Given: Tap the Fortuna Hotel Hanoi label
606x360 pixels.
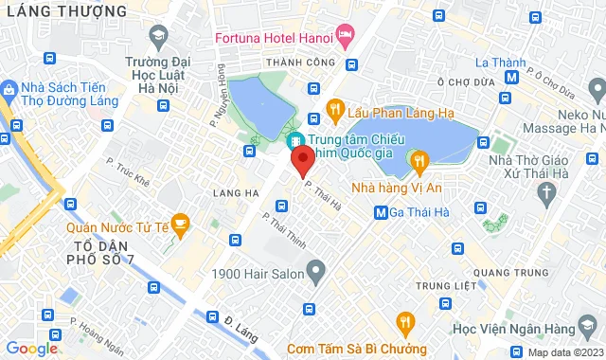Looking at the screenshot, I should click(269, 38).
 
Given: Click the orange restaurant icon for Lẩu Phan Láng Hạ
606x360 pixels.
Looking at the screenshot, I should click(334, 110).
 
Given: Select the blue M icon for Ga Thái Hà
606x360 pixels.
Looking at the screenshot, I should click(381, 213).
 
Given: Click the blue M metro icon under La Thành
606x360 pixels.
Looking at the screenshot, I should click(512, 79).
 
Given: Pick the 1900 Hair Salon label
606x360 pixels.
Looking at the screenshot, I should click(257, 274).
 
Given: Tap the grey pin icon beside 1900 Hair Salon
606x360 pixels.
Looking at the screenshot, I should click(316, 273).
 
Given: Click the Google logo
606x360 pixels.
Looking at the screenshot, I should click(31, 349).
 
